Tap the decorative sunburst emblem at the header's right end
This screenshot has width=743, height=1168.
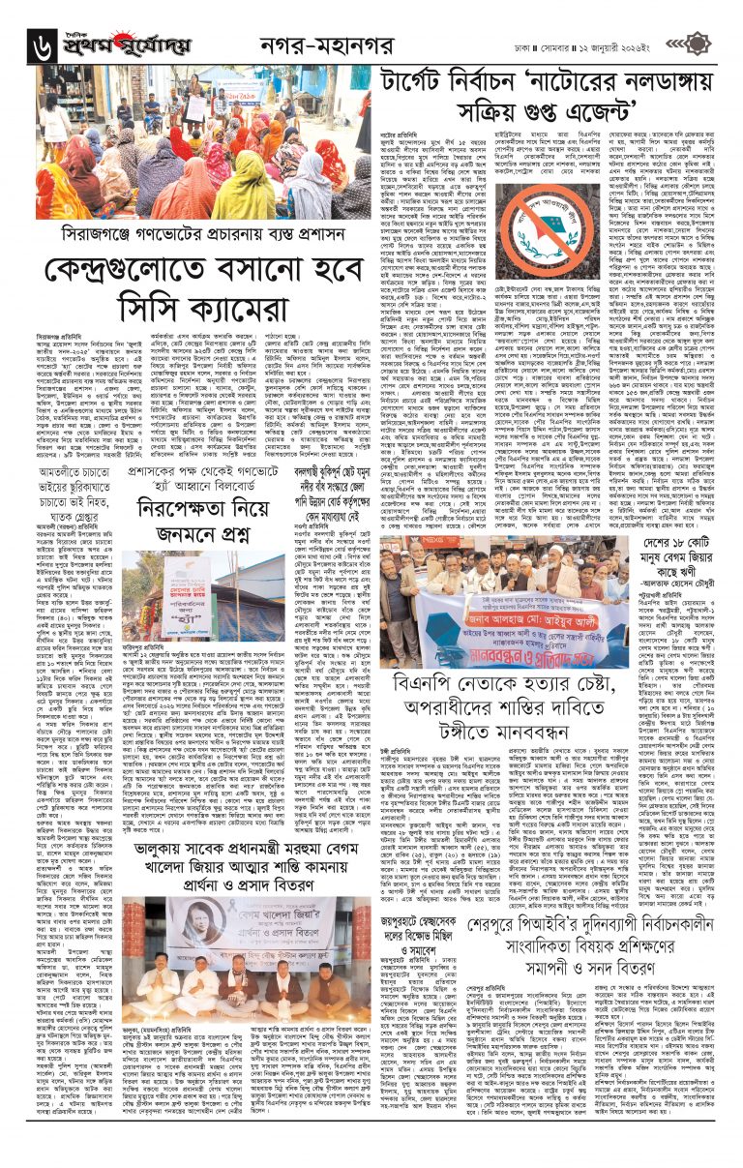point(724,39)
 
